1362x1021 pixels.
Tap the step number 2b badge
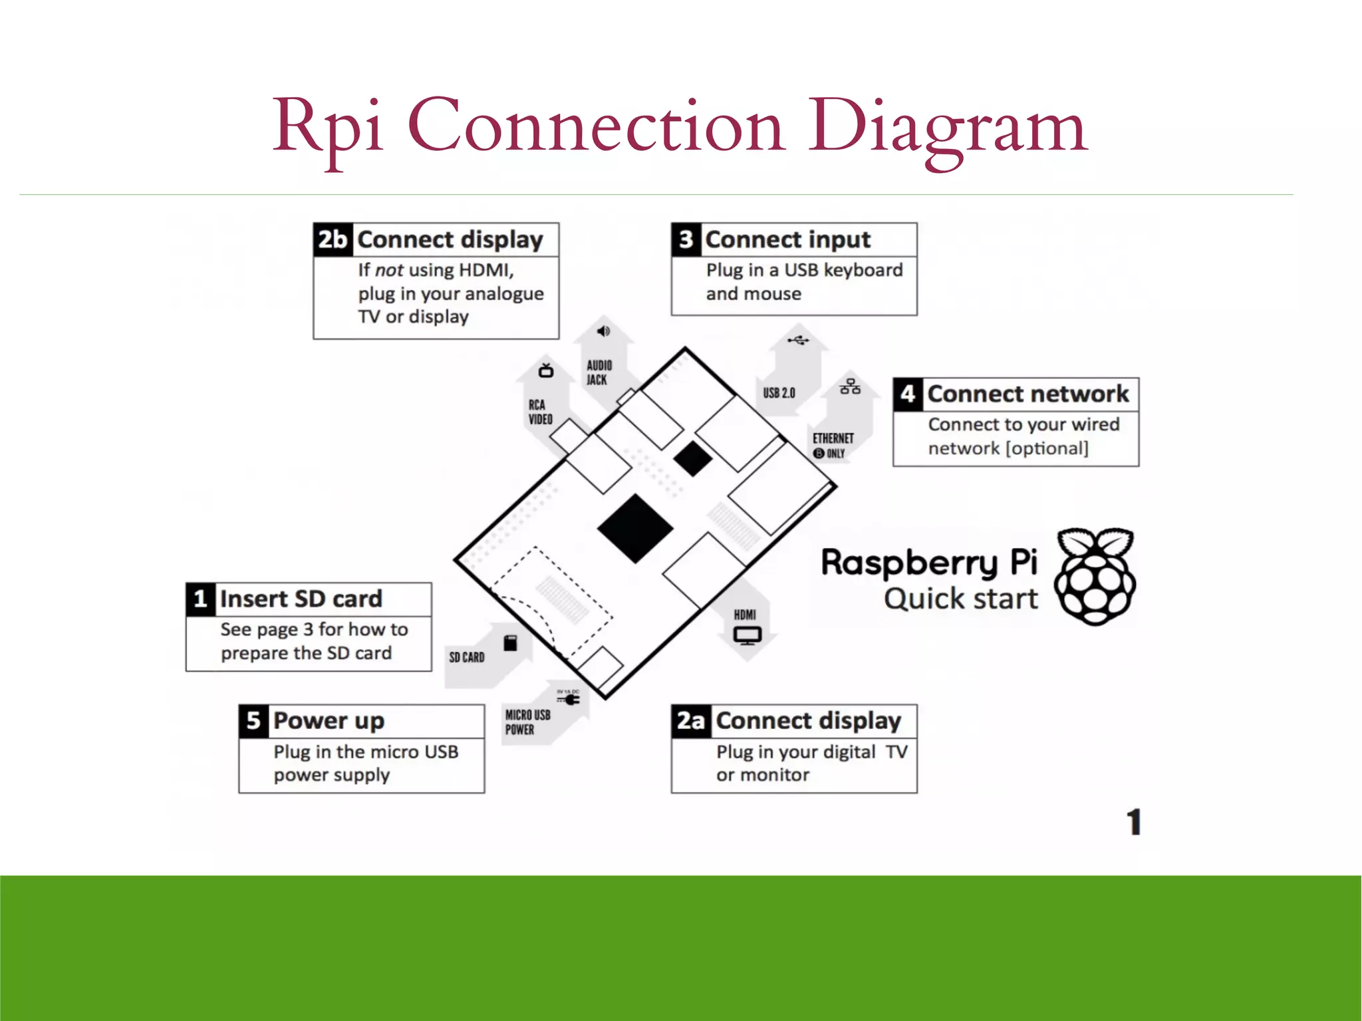pyautogui.click(x=333, y=239)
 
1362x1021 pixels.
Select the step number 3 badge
pyautogui.click(x=686, y=239)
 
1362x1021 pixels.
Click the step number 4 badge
pyautogui.click(x=908, y=394)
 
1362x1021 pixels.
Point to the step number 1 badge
pyautogui.click(x=200, y=599)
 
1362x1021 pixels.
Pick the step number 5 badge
pyautogui.click(x=253, y=721)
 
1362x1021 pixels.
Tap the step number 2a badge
pyautogui.click(x=690, y=721)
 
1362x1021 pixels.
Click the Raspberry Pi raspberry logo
pyautogui.click(x=1095, y=576)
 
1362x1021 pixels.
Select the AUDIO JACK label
pyautogui.click(x=599, y=372)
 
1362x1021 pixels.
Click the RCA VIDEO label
pyautogui.click(x=540, y=412)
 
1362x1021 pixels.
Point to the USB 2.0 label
pyautogui.click(x=779, y=393)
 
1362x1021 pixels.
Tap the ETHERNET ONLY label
pyautogui.click(x=832, y=445)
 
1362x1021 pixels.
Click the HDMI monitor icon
pyautogui.click(x=747, y=635)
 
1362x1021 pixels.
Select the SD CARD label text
pyautogui.click(x=466, y=657)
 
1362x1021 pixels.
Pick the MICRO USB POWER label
pyautogui.click(x=527, y=722)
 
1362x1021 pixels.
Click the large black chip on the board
pyautogui.click(x=635, y=529)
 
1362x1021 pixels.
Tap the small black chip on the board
pyautogui.click(x=692, y=458)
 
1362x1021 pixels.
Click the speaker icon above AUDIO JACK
pyautogui.click(x=603, y=331)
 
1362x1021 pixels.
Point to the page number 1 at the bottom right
pyautogui.click(x=1134, y=822)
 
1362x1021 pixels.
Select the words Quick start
pyautogui.click(x=960, y=599)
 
